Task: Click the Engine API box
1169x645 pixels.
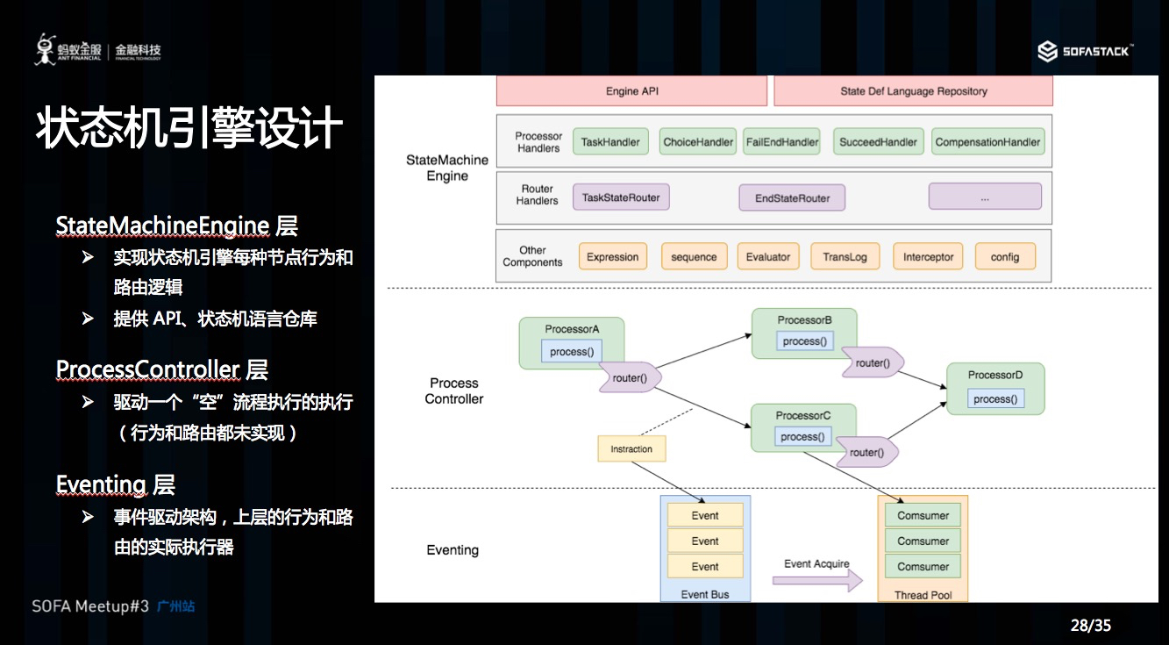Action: click(631, 91)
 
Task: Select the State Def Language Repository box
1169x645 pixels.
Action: click(913, 91)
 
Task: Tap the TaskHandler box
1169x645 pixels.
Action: click(610, 142)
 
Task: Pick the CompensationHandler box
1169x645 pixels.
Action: click(987, 142)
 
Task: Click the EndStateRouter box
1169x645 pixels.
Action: click(792, 198)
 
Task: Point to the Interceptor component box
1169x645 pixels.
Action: click(928, 257)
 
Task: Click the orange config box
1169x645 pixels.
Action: click(1005, 257)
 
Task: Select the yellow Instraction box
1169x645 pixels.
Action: click(631, 449)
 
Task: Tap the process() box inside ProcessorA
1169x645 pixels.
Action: click(572, 352)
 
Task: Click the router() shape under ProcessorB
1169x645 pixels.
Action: click(873, 363)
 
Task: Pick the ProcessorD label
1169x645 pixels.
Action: click(995, 375)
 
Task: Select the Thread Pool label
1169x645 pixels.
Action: click(923, 595)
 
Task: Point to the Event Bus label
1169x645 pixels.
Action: click(705, 594)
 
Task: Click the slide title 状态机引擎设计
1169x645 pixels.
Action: click(189, 129)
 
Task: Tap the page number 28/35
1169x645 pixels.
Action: click(1090, 625)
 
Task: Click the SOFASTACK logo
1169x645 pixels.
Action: click(1085, 52)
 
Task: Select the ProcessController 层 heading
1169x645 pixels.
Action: click(161, 369)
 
